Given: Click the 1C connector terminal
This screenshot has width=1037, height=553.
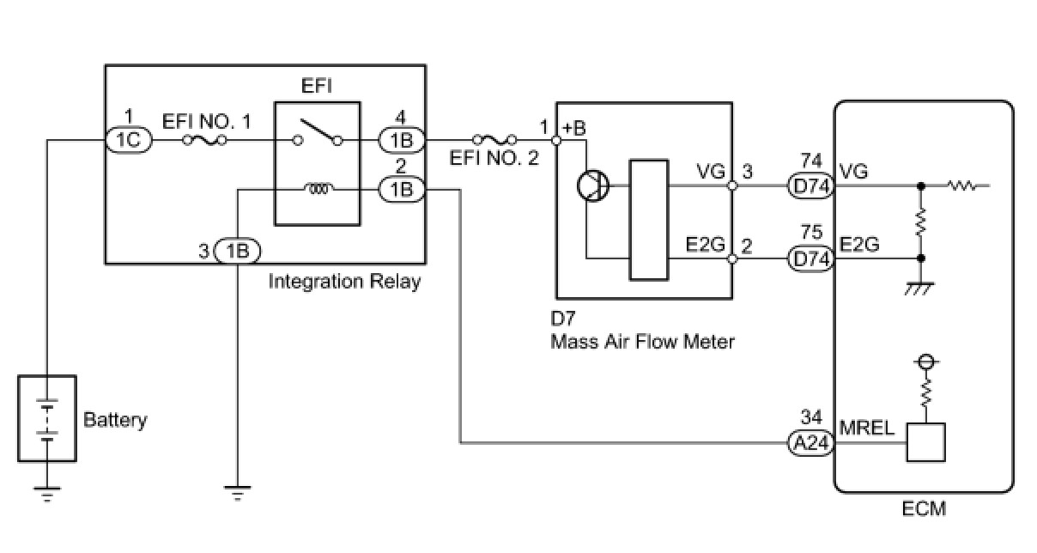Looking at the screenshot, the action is coord(129,140).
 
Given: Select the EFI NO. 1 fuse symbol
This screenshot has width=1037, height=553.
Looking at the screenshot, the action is coord(204,140).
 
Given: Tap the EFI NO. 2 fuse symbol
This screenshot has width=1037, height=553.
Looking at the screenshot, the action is coord(494,139).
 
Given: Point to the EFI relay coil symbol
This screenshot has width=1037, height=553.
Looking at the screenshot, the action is coord(318,188).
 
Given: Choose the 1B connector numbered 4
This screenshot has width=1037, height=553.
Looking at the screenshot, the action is coord(402,140).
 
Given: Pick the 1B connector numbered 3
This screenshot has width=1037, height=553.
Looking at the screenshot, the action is coord(238,251).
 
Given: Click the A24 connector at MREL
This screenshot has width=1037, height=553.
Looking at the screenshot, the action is coord(810,443).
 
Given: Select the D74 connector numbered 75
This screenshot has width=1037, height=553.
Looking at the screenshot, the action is coord(810,258).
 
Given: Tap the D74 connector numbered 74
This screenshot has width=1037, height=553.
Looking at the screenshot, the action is coord(810,185).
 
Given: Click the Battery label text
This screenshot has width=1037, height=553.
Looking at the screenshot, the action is coord(115,420).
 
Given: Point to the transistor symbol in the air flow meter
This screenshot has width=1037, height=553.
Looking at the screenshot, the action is coord(593,185).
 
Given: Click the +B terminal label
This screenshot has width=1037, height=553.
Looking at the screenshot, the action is coord(574,128).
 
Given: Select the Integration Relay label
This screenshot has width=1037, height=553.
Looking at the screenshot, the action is coord(344,281).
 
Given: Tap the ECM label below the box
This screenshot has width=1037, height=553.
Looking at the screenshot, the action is coord(924,509).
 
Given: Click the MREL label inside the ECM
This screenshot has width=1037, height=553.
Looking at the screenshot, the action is coord(866,428).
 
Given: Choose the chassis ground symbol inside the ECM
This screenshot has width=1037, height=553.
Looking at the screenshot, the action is coord(920,289).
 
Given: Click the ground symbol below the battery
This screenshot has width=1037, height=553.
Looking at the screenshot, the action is coord(46,495).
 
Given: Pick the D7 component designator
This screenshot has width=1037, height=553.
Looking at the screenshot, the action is coord(562,319).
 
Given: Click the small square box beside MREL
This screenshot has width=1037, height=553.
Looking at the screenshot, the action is coord(925,442).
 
